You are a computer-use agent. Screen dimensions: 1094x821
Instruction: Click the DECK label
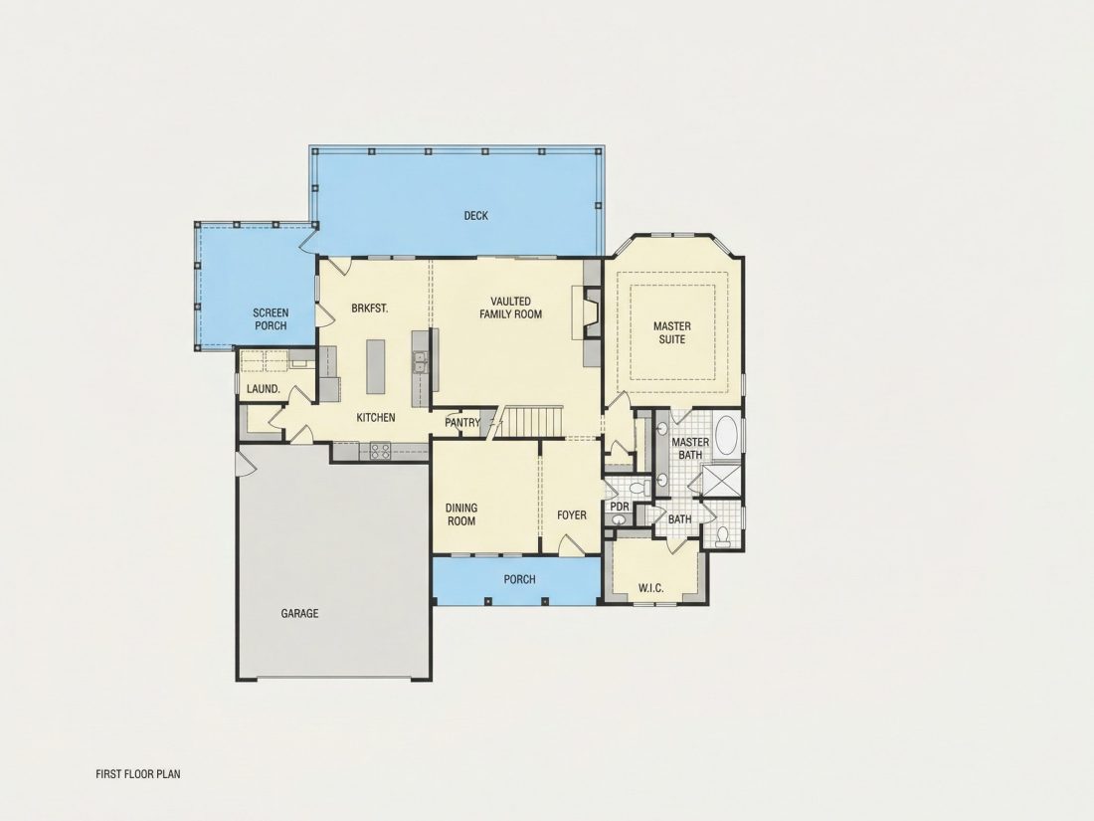(x=475, y=216)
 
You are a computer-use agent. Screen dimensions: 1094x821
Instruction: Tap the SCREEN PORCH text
(x=271, y=319)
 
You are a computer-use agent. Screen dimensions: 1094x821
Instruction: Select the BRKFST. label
(x=370, y=308)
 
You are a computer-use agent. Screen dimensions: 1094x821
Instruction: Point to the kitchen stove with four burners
(x=380, y=451)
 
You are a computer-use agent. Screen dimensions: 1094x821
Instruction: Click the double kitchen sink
(x=420, y=364)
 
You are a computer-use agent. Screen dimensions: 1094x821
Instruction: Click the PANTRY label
(x=462, y=422)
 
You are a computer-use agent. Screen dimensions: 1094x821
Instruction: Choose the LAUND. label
(x=264, y=389)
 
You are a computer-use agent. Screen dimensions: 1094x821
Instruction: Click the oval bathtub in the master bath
(x=727, y=436)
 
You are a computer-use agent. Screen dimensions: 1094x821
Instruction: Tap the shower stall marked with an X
(x=722, y=481)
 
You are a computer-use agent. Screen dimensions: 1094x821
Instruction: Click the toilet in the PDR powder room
(x=638, y=488)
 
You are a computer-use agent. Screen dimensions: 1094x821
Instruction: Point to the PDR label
(x=620, y=507)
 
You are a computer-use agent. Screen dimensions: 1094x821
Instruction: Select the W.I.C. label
(x=651, y=588)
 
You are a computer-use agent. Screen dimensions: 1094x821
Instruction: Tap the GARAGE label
(x=300, y=614)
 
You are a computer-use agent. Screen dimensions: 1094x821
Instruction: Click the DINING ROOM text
(x=461, y=514)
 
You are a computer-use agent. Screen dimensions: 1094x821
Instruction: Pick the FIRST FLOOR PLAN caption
(x=138, y=773)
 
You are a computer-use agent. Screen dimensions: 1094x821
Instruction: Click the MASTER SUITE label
(x=672, y=332)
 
